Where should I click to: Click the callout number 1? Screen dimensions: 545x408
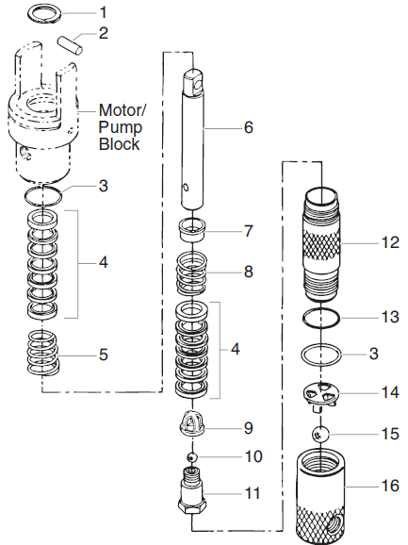coord(104,12)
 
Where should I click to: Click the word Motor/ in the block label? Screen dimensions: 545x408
coord(120,111)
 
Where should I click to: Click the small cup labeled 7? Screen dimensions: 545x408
coord(195,229)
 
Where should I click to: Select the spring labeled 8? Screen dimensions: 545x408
coord(195,273)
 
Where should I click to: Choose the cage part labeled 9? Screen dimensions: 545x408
coord(195,426)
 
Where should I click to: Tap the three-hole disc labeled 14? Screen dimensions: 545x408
coord(320,396)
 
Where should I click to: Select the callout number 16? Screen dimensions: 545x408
coord(387,487)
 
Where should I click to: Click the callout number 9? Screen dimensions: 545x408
coord(249,427)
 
